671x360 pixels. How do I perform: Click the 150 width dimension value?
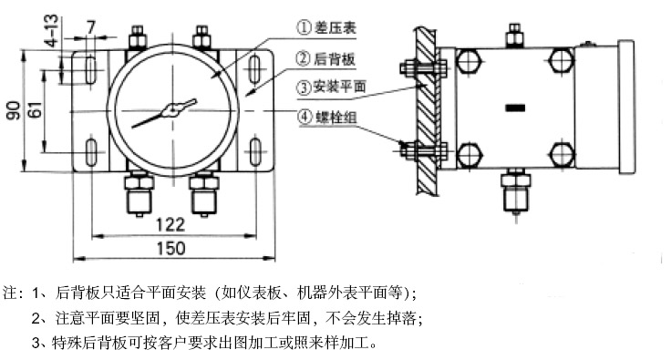pos(171,249)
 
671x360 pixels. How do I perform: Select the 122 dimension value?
pos(170,225)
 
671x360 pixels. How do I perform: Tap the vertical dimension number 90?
pos(13,110)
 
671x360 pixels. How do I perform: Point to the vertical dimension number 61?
pos(35,110)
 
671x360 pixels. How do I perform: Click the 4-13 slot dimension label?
pos(51,30)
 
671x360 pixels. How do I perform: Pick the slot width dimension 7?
pos(91,27)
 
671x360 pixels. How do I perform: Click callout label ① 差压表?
pos(326,27)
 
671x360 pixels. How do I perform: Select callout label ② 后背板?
pos(325,58)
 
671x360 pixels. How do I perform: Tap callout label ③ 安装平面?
pos(332,87)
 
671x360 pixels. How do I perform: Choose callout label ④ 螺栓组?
pos(327,117)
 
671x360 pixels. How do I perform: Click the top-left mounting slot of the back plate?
pos(90,69)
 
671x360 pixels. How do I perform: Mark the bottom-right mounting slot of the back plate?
pos(255,151)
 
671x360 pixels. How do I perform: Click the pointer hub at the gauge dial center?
pos(172,111)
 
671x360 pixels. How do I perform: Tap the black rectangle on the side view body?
pos(515,108)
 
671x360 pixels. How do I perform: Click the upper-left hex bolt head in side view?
pos(470,61)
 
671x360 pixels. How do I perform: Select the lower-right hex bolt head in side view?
pos(561,154)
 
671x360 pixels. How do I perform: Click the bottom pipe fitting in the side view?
pos(516,191)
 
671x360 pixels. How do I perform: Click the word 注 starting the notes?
pos(10,293)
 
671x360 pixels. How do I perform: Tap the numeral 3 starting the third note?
pos(36,343)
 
